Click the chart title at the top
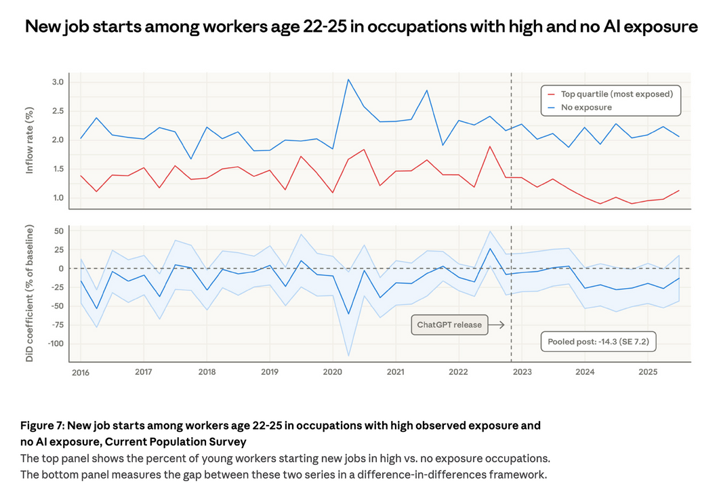point(361,27)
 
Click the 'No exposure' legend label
point(587,107)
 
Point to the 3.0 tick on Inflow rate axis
point(58,82)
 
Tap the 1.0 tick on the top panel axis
point(58,198)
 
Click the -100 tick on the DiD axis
point(54,343)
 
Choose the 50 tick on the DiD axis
point(58,231)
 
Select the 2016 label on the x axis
point(80,372)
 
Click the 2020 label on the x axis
point(332,372)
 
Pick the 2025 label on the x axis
point(648,372)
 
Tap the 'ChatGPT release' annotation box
point(449,325)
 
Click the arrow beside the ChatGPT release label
point(497,325)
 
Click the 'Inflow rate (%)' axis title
point(30,140)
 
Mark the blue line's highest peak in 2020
point(348,79)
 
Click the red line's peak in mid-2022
point(489,146)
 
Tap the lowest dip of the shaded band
point(348,356)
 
